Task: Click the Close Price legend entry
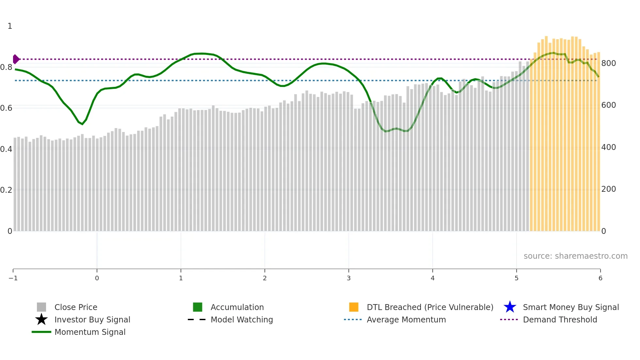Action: pyautogui.click(x=76, y=307)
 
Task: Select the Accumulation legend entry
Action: pyautogui.click(x=237, y=307)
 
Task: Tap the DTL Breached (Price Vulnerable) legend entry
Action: pyautogui.click(x=430, y=307)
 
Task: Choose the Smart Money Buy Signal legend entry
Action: pyautogui.click(x=571, y=307)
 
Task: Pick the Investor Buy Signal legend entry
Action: pyautogui.click(x=92, y=319)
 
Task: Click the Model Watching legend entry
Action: pyautogui.click(x=242, y=319)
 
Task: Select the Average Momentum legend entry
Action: pyautogui.click(x=406, y=319)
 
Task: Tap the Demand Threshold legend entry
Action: pyautogui.click(x=560, y=319)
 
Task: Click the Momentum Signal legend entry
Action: pyautogui.click(x=90, y=332)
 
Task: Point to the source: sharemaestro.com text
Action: pyautogui.click(x=575, y=256)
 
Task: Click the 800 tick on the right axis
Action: pyautogui.click(x=609, y=63)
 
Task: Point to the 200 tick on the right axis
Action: pyautogui.click(x=609, y=189)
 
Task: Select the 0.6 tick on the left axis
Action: pyautogui.click(x=6, y=108)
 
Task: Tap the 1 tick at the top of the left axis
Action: pyautogui.click(x=10, y=26)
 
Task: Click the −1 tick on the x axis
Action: pyautogui.click(x=13, y=278)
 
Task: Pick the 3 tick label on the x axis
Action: pyautogui.click(x=349, y=278)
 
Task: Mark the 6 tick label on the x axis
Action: pyautogui.click(x=600, y=278)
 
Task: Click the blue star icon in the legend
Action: pyautogui.click(x=510, y=307)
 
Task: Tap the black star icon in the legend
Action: pyautogui.click(x=41, y=319)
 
